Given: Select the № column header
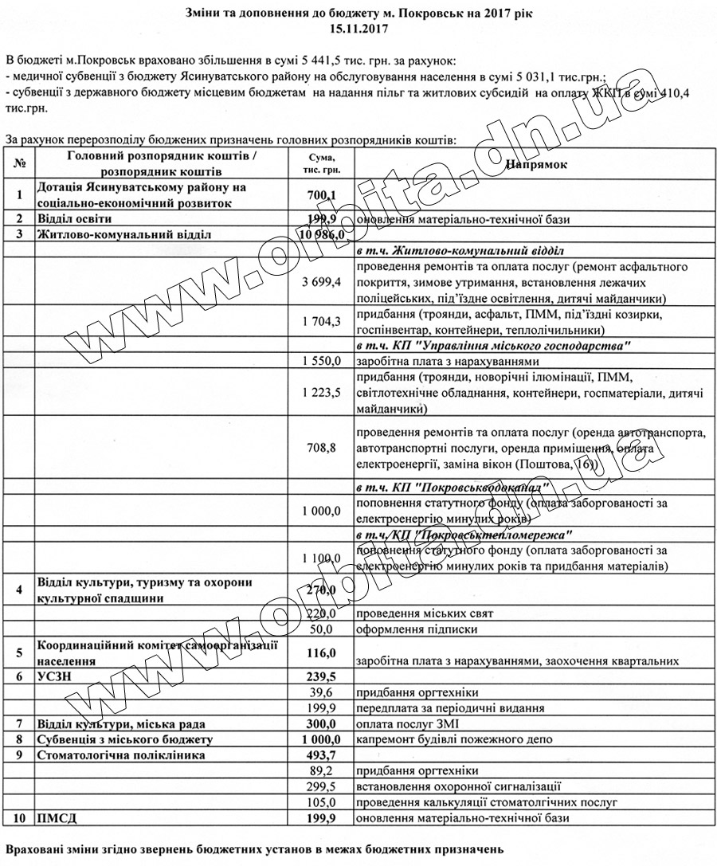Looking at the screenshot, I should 19,163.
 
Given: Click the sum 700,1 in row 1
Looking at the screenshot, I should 323,194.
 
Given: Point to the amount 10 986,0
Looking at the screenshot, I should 321,234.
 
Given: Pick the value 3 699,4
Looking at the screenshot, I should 322,282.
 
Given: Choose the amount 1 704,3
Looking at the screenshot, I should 322,322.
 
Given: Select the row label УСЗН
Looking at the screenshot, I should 59,676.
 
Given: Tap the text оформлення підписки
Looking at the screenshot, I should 417,629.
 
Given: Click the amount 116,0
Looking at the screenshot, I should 323,652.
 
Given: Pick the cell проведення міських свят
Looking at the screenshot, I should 425,613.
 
